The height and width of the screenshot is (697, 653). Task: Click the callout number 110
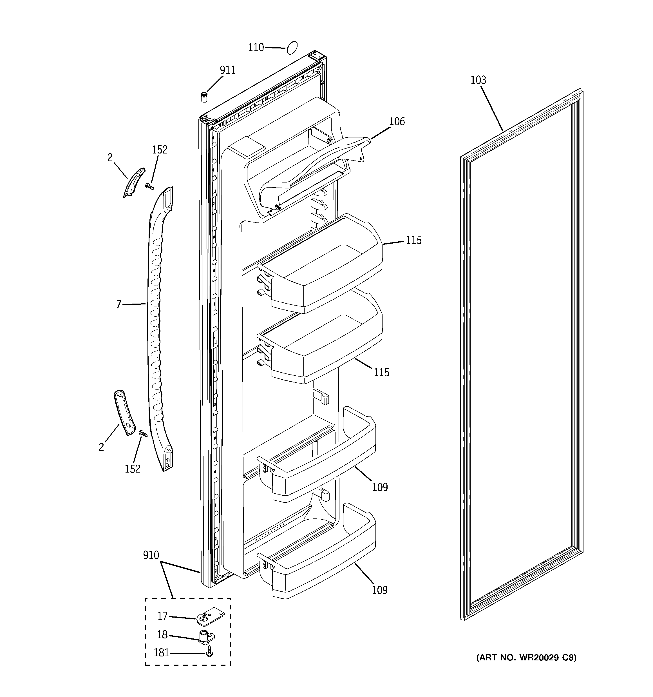tap(256, 47)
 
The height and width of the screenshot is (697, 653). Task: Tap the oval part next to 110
tap(292, 48)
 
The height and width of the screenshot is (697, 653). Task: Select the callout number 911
tap(227, 70)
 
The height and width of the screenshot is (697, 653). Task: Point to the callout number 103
tap(478, 80)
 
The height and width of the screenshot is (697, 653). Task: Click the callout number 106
tap(397, 122)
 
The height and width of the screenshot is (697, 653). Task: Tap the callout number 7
tap(118, 305)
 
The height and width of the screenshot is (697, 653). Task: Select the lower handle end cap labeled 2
tap(124, 412)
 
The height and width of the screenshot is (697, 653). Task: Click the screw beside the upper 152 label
tap(150, 186)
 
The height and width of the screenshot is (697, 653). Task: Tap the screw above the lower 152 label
tap(143, 434)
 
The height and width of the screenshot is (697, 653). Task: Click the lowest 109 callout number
tap(380, 591)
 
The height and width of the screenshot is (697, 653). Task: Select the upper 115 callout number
tap(413, 241)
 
